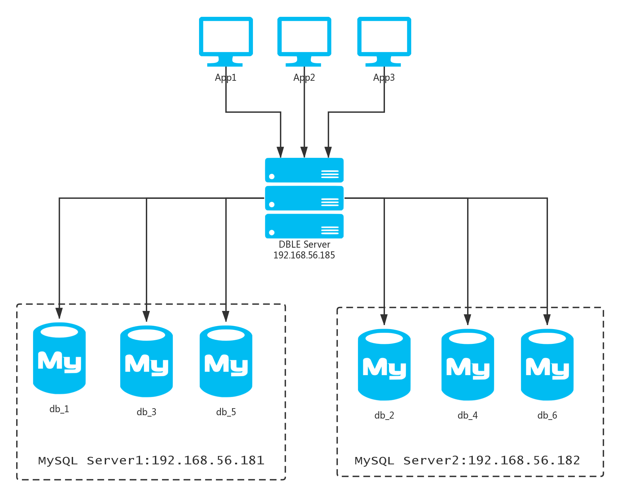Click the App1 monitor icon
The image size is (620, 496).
pyautogui.click(x=226, y=40)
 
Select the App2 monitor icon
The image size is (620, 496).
pyautogui.click(x=304, y=40)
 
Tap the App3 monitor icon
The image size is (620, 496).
pyautogui.click(x=384, y=40)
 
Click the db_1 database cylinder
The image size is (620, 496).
pyautogui.click(x=59, y=358)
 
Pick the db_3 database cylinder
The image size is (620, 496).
pyautogui.click(x=146, y=361)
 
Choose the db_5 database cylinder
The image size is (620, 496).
pyautogui.click(x=226, y=361)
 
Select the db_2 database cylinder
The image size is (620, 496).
pyautogui.click(x=384, y=365)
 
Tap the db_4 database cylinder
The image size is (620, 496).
pyautogui.click(x=468, y=365)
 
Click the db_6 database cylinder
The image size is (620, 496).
pyautogui.click(x=547, y=365)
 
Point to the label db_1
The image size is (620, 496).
pyautogui.click(x=59, y=409)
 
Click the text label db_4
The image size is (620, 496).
pyautogui.click(x=467, y=415)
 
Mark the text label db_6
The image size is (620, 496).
pyautogui.click(x=547, y=415)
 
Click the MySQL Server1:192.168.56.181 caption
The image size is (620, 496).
pyautogui.click(x=151, y=460)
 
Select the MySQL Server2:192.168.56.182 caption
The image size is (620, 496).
pyautogui.click(x=467, y=460)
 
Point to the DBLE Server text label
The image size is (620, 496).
pyautogui.click(x=304, y=244)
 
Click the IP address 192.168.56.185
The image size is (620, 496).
pyautogui.click(x=304, y=255)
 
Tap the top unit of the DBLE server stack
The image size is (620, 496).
pyautogui.click(x=304, y=170)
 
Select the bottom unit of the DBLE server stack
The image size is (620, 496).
pyautogui.click(x=304, y=226)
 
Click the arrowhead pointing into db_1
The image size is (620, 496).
pyautogui.click(x=59, y=313)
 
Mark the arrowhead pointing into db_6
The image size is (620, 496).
pyautogui.click(x=547, y=319)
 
